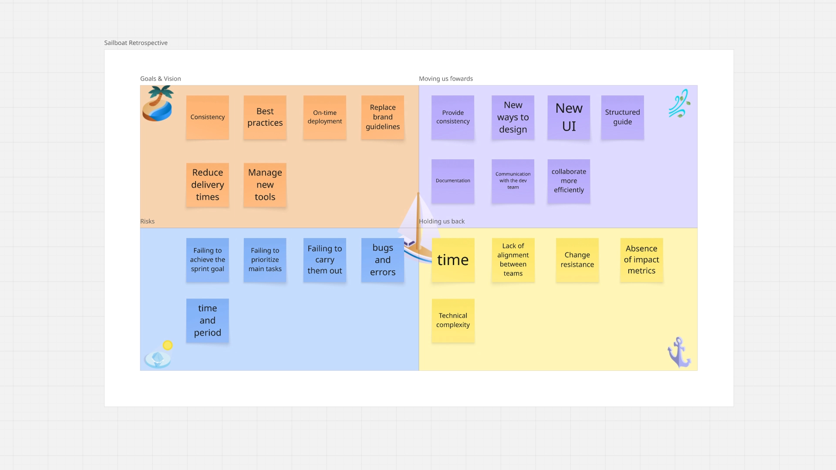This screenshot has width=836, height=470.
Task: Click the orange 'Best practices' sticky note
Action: pyautogui.click(x=265, y=117)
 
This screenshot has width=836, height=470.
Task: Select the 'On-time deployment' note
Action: pyautogui.click(x=324, y=117)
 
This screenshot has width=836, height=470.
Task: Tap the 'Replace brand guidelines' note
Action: pyautogui.click(x=382, y=117)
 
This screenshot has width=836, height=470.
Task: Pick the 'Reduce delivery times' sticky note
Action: pyautogui.click(x=207, y=185)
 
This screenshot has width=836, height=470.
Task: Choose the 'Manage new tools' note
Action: pyautogui.click(x=265, y=185)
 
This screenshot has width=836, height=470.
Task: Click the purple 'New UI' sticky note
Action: pyautogui.click(x=569, y=117)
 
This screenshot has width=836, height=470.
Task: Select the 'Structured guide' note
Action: pyautogui.click(x=622, y=117)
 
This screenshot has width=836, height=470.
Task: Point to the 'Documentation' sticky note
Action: pyautogui.click(x=453, y=181)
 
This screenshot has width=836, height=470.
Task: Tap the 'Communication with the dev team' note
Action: pyautogui.click(x=513, y=181)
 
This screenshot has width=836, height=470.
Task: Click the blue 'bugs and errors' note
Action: pyautogui.click(x=382, y=260)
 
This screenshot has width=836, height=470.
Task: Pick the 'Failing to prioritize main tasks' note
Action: pyautogui.click(x=265, y=260)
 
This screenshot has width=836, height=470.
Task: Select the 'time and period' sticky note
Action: pyautogui.click(x=207, y=320)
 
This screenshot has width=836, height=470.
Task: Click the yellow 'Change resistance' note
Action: pyautogui.click(x=577, y=260)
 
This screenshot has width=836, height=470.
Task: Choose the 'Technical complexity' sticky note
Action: pyautogui.click(x=453, y=320)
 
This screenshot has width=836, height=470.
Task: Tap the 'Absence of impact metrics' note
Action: pyautogui.click(x=641, y=260)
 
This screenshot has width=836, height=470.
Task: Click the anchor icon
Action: pyautogui.click(x=678, y=352)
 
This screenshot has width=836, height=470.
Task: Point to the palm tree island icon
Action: pyautogui.click(x=158, y=104)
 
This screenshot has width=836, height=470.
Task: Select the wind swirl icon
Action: pyautogui.click(x=679, y=104)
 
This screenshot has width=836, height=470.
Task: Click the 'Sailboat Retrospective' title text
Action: pyautogui.click(x=136, y=43)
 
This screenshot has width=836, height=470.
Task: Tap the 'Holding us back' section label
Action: pyautogui.click(x=442, y=222)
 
